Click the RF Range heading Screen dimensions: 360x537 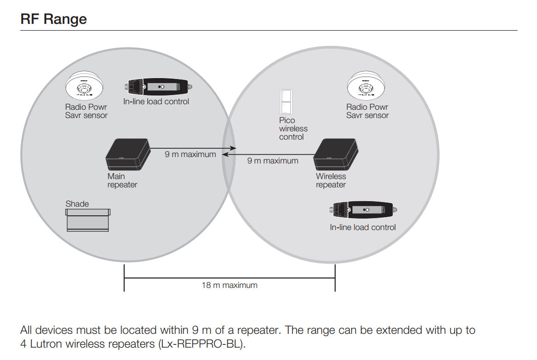pyautogui.click(x=54, y=19)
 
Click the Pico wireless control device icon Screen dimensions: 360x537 pyautogui.click(x=285, y=101)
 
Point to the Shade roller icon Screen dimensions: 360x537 pyautogui.click(x=88, y=219)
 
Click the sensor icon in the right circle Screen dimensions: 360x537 pyautogui.click(x=365, y=86)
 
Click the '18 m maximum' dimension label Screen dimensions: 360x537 pyautogui.click(x=229, y=285)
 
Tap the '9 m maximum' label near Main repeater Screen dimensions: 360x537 pyautogui.click(x=190, y=155)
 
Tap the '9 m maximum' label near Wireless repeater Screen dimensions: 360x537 pyautogui.click(x=273, y=161)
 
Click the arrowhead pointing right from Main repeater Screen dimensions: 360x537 pyautogui.click(x=234, y=148)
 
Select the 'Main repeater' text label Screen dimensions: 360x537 pyautogui.click(x=122, y=180)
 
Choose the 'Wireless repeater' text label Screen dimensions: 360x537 pyautogui.click(x=331, y=180)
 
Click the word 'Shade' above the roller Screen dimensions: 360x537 pyautogui.click(x=77, y=203)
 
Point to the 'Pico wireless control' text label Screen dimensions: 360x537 pyautogui.click(x=293, y=129)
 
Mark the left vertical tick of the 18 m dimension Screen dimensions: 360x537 pyautogui.click(x=124, y=278)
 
